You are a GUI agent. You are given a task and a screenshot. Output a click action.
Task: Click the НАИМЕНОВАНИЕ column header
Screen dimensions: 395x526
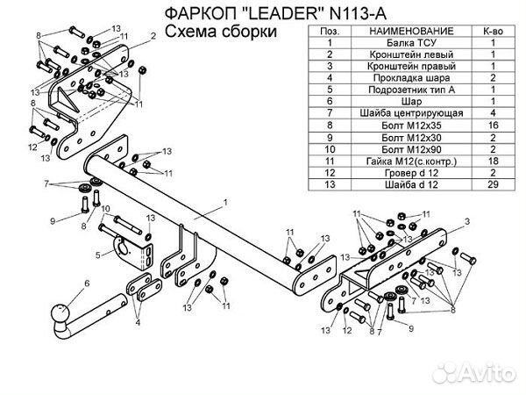coord(402,30)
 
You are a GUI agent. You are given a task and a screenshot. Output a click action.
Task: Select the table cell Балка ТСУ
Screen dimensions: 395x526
coord(402,41)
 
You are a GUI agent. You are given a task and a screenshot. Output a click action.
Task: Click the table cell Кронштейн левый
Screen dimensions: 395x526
coord(402,54)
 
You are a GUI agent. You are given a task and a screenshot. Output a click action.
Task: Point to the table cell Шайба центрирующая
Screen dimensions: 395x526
coord(402,113)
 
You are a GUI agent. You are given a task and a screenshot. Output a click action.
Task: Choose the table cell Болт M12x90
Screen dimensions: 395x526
coord(402,149)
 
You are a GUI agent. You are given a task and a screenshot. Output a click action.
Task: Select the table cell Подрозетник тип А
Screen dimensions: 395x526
coord(402,90)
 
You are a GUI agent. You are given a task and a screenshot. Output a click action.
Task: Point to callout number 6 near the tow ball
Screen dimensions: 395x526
coord(87,283)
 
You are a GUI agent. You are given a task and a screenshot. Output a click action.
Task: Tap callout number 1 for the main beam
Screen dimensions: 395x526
coord(225,203)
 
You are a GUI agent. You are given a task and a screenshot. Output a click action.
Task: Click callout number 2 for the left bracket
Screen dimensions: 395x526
coord(153,35)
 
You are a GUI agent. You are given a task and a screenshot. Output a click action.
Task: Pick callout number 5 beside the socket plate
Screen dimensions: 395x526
coord(97,255)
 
